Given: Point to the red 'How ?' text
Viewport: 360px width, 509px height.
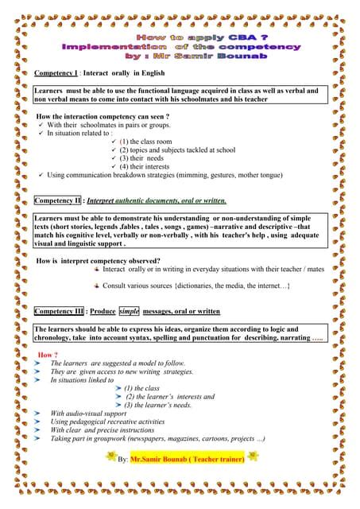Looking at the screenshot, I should (x=48, y=354).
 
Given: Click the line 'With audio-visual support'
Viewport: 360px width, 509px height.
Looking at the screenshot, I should (x=88, y=413).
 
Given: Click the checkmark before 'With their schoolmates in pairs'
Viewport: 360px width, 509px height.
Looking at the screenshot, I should (x=41, y=126).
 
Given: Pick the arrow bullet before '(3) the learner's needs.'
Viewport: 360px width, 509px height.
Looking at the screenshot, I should (x=118, y=405).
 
